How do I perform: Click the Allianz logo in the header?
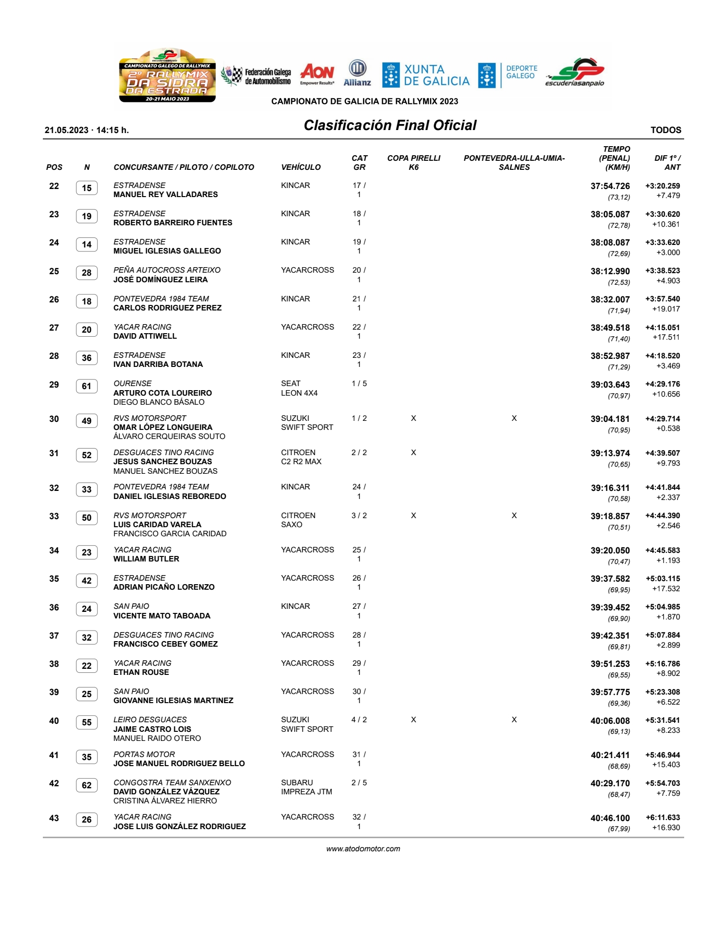pos(357,73)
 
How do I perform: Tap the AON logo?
pos(317,74)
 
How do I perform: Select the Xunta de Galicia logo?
pos(426,75)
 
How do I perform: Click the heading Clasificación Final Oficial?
pos(390,126)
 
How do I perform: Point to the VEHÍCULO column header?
pos(300,167)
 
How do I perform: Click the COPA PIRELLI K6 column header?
pos(413,162)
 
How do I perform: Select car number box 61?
pos(87,387)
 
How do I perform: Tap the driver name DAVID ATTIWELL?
pos(145,336)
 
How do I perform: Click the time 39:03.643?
pos(610,385)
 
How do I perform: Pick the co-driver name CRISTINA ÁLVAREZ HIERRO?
pos(165,801)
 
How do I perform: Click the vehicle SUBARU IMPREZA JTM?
pos(306,787)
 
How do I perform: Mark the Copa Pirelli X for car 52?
pos(413,453)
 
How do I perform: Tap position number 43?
pos(54,818)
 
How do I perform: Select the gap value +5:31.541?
pos(662,720)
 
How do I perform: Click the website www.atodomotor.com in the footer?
pos(363,849)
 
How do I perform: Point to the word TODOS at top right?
pos(665,130)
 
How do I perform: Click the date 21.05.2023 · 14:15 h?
pos(87,130)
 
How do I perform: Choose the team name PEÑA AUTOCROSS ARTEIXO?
pos(167,270)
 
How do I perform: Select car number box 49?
pos(87,421)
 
